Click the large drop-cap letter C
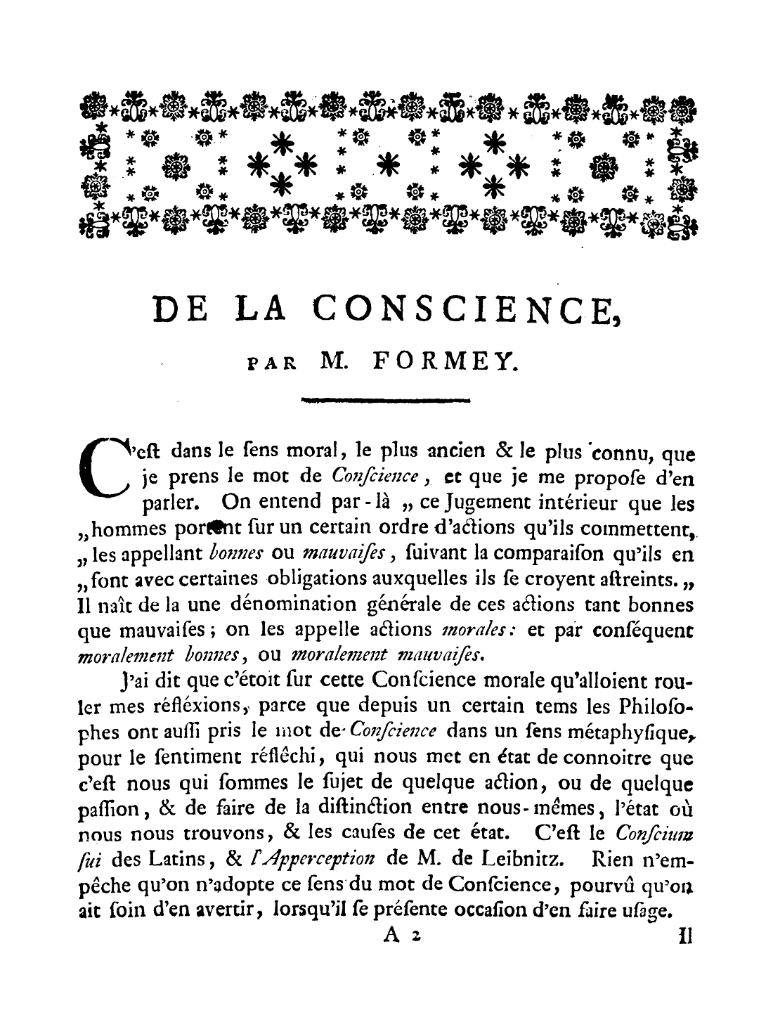click(106, 466)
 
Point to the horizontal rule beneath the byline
click(385, 401)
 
